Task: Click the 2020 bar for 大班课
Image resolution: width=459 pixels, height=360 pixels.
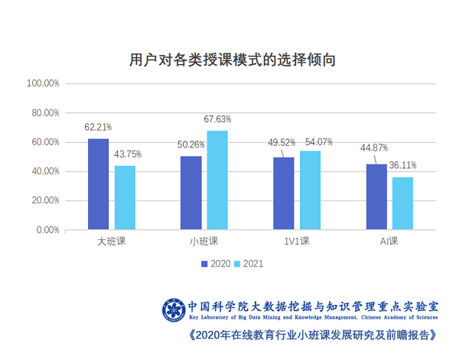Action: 98,183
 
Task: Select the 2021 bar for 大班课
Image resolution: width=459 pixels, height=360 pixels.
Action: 125,197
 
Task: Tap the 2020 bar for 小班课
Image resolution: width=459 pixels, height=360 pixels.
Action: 190,193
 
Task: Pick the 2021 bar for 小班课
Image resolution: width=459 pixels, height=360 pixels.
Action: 217,180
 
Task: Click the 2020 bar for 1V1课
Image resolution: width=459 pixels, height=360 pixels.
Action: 283,193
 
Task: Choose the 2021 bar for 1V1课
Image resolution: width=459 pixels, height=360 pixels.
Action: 310,190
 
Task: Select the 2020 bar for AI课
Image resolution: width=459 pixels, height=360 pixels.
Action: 376,196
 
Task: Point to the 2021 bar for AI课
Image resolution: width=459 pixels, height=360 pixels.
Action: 402,203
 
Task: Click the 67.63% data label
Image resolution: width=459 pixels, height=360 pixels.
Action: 217,119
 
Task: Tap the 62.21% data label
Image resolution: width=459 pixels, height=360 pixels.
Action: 99,127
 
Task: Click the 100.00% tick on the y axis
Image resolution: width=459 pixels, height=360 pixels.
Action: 44,83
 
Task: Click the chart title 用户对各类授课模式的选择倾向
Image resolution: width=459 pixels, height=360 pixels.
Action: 233,60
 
